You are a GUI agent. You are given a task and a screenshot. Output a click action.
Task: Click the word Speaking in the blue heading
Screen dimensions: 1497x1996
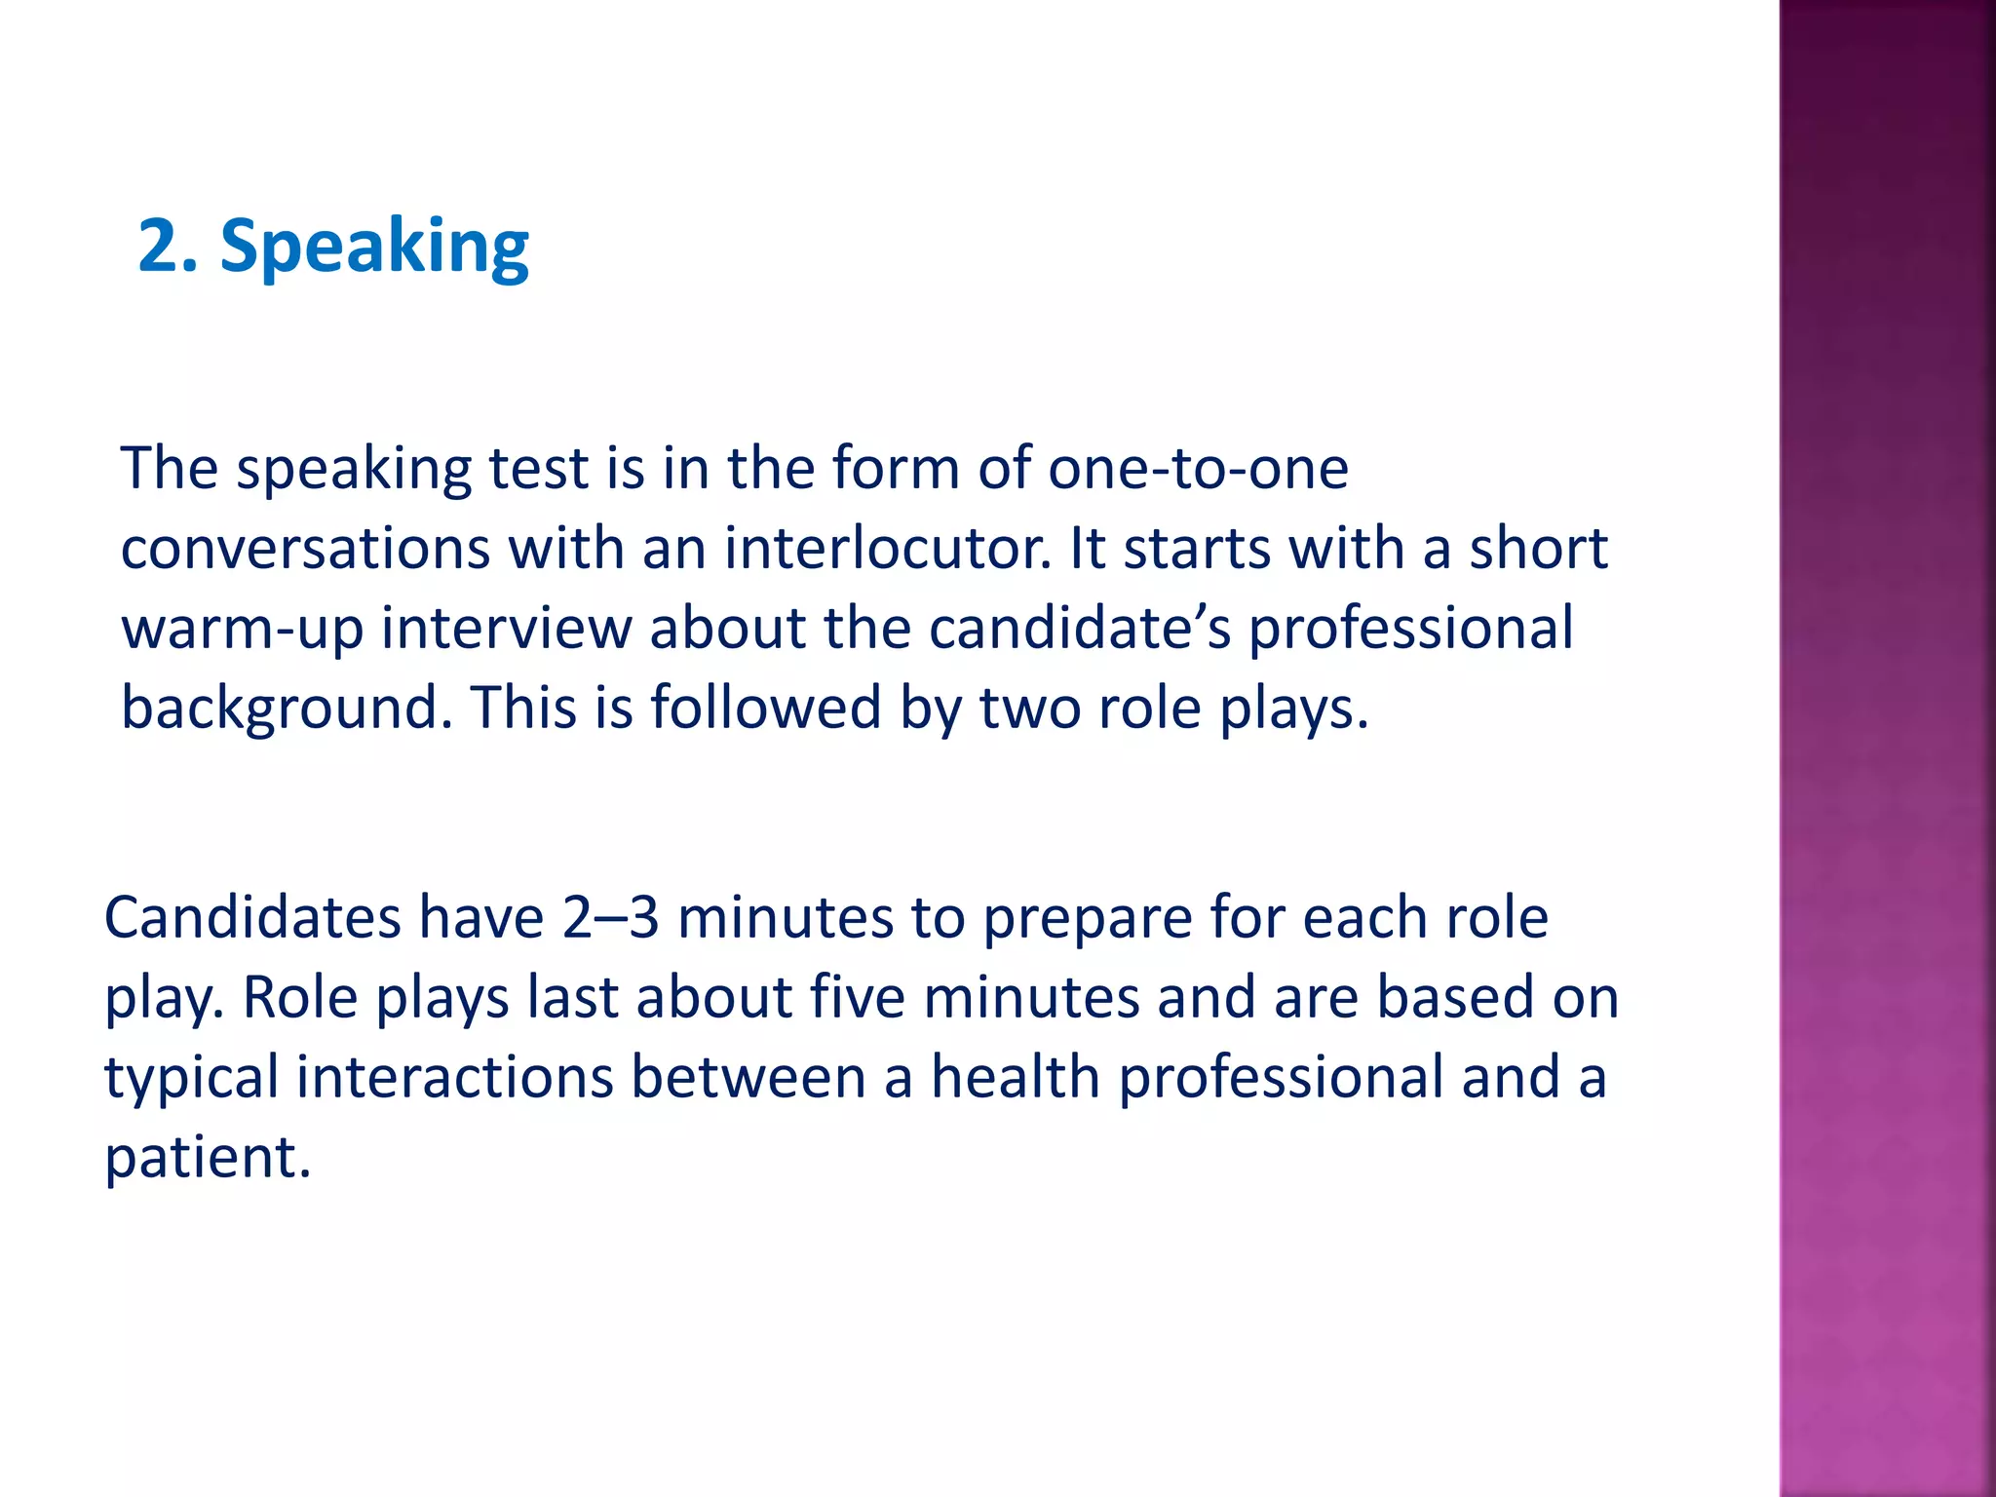click(x=374, y=248)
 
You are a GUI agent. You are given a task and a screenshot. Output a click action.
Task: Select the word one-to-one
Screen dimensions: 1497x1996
click(x=1198, y=469)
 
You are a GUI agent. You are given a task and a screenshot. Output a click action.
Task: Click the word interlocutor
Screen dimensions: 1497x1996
click(x=888, y=549)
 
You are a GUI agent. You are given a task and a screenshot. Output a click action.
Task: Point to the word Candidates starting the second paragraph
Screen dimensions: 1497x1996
click(x=252, y=918)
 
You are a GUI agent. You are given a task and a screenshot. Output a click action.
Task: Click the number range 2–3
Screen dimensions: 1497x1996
click(x=610, y=918)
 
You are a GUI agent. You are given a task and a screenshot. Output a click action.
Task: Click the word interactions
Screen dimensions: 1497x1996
click(x=454, y=1078)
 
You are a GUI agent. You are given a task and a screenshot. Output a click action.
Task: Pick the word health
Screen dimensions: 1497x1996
click(x=1015, y=1078)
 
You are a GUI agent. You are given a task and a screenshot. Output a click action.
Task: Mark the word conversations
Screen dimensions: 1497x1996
click(x=305, y=549)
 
